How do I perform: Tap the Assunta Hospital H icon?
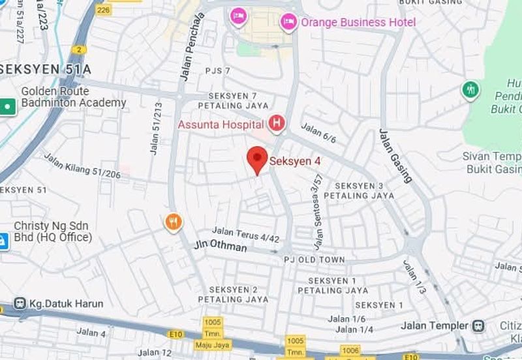point(277,123)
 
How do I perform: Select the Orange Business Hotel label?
point(358,23)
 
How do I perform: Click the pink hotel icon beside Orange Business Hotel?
point(288,23)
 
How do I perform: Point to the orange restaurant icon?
point(173,223)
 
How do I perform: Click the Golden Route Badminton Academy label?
point(73,97)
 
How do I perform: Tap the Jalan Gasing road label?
point(395,155)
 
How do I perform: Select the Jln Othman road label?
point(221,247)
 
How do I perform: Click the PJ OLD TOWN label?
point(314,260)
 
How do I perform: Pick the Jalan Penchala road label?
point(192,55)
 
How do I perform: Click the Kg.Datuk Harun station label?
point(66,304)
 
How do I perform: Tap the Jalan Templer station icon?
point(480,325)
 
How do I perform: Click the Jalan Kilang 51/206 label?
point(82,166)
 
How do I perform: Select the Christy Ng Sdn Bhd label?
point(52,232)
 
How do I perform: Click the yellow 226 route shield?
point(103,9)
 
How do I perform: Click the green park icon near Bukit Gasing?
point(470,90)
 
